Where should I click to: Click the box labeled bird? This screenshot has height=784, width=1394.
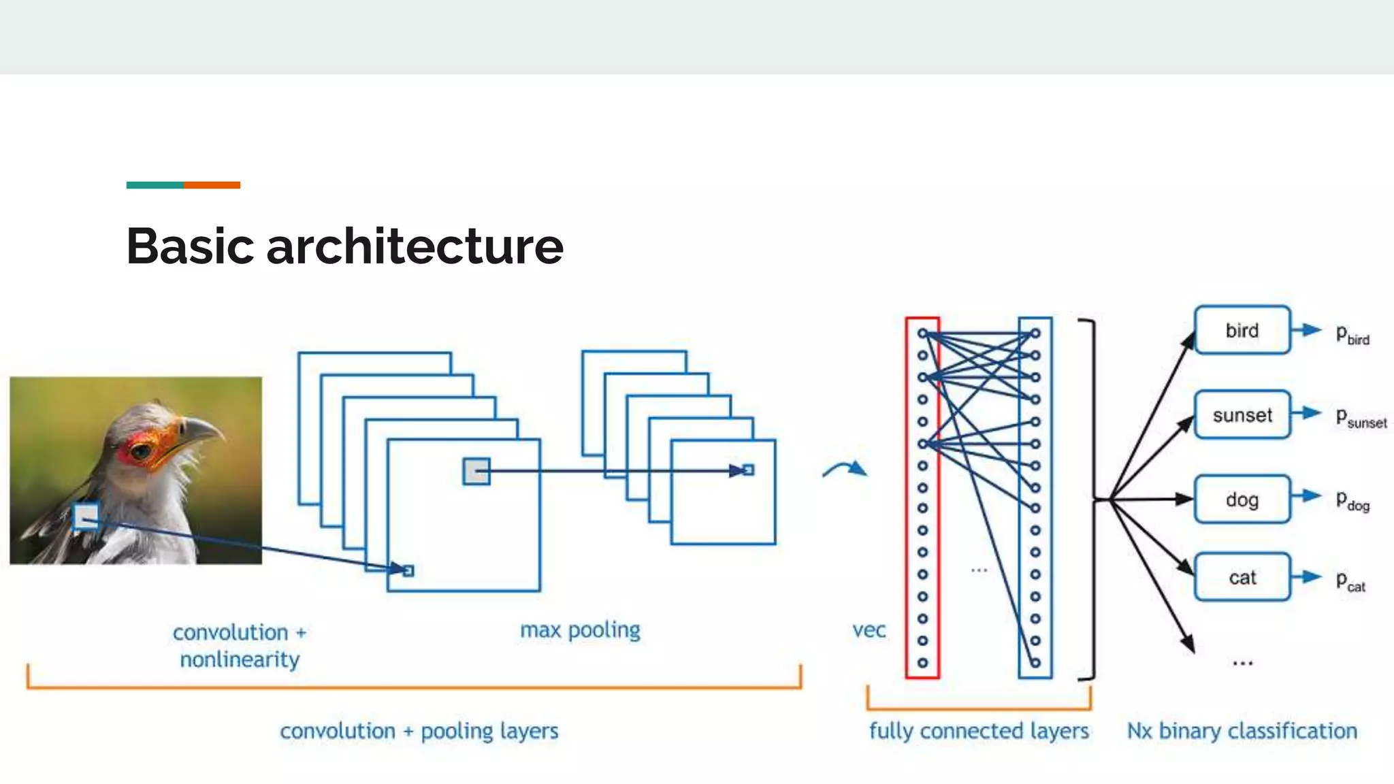[1242, 331]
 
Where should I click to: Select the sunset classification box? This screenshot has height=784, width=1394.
[1242, 415]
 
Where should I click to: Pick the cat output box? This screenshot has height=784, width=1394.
[1242, 578]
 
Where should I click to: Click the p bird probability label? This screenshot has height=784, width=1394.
[1352, 335]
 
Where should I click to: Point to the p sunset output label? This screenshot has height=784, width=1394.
[1360, 418]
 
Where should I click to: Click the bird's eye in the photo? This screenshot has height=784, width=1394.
[142, 451]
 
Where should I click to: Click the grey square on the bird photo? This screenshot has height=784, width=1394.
[86, 517]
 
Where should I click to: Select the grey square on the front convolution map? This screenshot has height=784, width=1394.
[476, 471]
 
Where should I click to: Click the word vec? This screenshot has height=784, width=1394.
[869, 630]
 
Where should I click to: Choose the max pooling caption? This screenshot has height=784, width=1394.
[580, 630]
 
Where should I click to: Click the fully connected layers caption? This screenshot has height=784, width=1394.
[979, 731]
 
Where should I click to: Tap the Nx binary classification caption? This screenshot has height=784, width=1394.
[1242, 731]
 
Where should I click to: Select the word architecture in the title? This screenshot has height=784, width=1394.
[415, 246]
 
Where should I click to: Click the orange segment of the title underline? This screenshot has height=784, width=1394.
[212, 185]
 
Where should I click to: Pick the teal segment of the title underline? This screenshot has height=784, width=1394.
[155, 185]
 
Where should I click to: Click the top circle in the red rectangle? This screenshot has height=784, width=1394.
[922, 333]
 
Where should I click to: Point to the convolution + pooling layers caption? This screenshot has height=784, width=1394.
[419, 731]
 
